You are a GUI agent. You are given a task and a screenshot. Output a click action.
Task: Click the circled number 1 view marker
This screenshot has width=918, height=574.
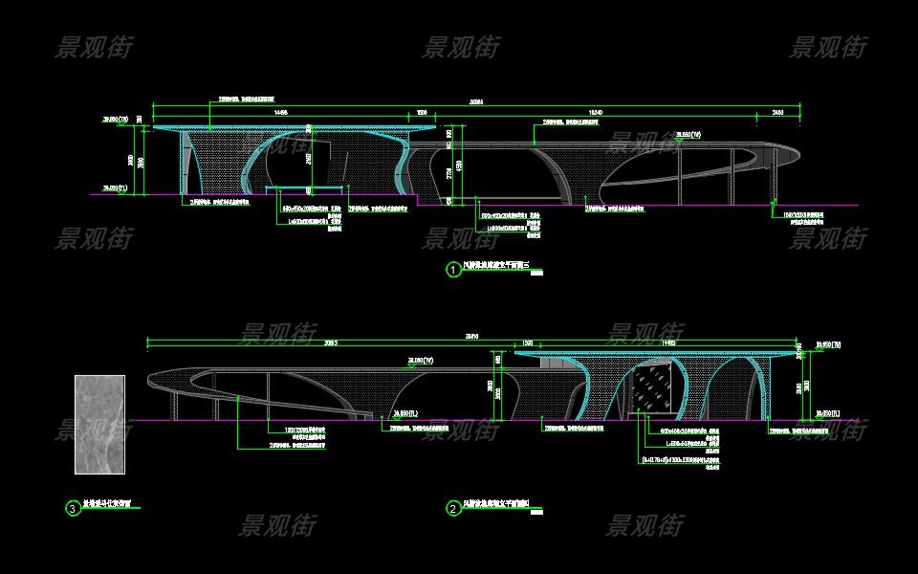[x=453, y=270]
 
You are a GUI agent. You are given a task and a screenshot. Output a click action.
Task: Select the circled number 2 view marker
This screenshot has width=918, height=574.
[x=453, y=508]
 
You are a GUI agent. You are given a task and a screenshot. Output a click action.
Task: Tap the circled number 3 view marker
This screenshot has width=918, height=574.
[x=73, y=508]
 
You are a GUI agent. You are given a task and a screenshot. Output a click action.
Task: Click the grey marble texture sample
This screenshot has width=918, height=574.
[x=99, y=424]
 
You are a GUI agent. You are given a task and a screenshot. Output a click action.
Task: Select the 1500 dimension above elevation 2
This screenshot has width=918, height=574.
[x=527, y=342]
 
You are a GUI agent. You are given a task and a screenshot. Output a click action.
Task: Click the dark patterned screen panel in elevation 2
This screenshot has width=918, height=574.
[x=656, y=392]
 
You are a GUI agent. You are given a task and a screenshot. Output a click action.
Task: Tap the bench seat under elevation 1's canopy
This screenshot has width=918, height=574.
[x=305, y=189]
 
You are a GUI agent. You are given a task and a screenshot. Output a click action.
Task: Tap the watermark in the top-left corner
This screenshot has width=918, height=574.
[x=94, y=47]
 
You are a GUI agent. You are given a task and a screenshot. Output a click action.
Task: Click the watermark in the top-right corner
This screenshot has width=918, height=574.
[x=828, y=47]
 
